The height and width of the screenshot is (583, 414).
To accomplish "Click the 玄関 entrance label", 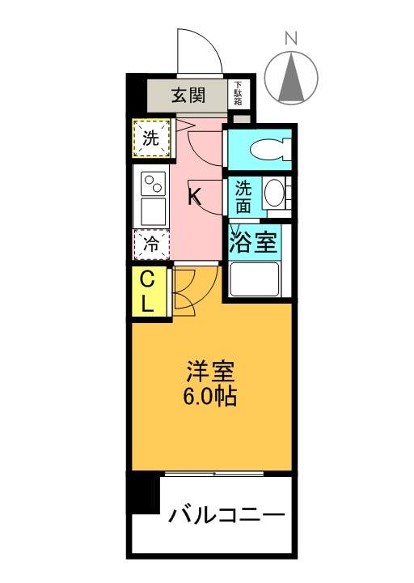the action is tap(188, 96).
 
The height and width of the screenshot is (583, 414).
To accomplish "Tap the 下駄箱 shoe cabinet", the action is tap(238, 95).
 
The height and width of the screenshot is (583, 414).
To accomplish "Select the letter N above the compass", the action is tap(291, 39).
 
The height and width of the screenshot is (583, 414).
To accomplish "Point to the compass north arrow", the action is tap(291, 78).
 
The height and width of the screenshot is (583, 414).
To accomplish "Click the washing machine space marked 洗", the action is tap(151, 138).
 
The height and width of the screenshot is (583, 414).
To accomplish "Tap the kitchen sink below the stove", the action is tap(154, 211).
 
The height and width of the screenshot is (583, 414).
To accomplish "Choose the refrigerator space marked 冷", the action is tap(151, 245).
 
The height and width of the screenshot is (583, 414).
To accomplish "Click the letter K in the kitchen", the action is tap(194, 197).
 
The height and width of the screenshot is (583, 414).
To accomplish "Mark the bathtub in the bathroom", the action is tap(255, 279).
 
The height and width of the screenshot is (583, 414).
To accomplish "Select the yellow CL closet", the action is tap(149, 291).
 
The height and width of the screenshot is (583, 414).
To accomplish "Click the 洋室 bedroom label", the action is tap(209, 371).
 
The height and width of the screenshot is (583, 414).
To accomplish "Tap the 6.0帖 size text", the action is tap(209, 396).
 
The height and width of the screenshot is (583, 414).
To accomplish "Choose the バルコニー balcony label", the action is tap(226, 515).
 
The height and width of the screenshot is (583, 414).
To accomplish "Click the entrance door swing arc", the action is tap(208, 41).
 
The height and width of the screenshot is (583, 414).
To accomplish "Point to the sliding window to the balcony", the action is tap(214, 474).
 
